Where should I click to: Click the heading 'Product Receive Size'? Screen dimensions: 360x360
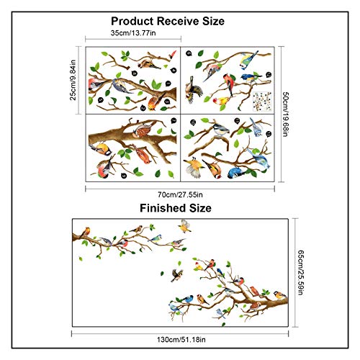point(168,21)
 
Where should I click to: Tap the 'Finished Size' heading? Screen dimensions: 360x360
point(176,208)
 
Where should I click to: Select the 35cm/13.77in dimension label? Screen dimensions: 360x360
point(133,33)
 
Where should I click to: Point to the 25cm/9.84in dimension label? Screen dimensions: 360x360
point(73,80)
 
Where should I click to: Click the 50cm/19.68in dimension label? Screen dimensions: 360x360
point(285,114)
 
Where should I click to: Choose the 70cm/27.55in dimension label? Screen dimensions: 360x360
point(180,194)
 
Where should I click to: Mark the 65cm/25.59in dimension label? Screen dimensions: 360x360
point(301,272)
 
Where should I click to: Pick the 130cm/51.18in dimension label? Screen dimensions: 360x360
point(181,340)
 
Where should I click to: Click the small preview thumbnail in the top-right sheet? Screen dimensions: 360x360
point(262,102)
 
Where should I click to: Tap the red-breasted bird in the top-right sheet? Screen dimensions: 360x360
point(229,83)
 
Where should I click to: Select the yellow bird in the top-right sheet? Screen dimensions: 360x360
point(222,101)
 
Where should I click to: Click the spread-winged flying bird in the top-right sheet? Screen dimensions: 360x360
point(193,90)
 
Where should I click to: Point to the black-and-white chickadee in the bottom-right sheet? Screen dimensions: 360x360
point(221,130)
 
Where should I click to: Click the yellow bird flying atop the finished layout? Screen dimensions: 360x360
point(184,226)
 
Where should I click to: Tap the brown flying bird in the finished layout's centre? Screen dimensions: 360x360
point(177,275)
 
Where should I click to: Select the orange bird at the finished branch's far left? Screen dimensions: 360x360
point(86,232)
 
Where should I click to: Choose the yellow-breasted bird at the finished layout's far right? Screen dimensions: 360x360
point(280,295)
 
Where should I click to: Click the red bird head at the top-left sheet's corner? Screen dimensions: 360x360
point(173,55)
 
